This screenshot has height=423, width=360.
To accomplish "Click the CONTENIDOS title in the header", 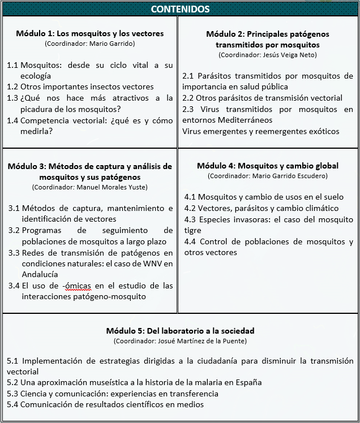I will click(181, 9).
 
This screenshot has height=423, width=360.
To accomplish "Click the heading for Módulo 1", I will click(90, 33).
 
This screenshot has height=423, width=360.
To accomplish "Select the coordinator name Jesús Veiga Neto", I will click(284, 55).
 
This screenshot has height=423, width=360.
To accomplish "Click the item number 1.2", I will click(12, 87).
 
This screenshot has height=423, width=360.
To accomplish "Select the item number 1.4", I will click(12, 120).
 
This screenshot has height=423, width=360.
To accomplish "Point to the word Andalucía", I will click(40, 274).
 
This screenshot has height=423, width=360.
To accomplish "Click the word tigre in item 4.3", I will click(194, 231).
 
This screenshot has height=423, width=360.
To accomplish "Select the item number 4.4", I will click(191, 242).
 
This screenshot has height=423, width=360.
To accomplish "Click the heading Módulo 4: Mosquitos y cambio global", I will click(268, 166).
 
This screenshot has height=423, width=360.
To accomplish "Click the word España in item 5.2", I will click(248, 382).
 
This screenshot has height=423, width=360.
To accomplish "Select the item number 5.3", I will click(13, 394).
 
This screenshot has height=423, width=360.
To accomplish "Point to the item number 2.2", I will click(188, 98).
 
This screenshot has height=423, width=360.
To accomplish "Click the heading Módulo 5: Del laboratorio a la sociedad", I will click(180, 331).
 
